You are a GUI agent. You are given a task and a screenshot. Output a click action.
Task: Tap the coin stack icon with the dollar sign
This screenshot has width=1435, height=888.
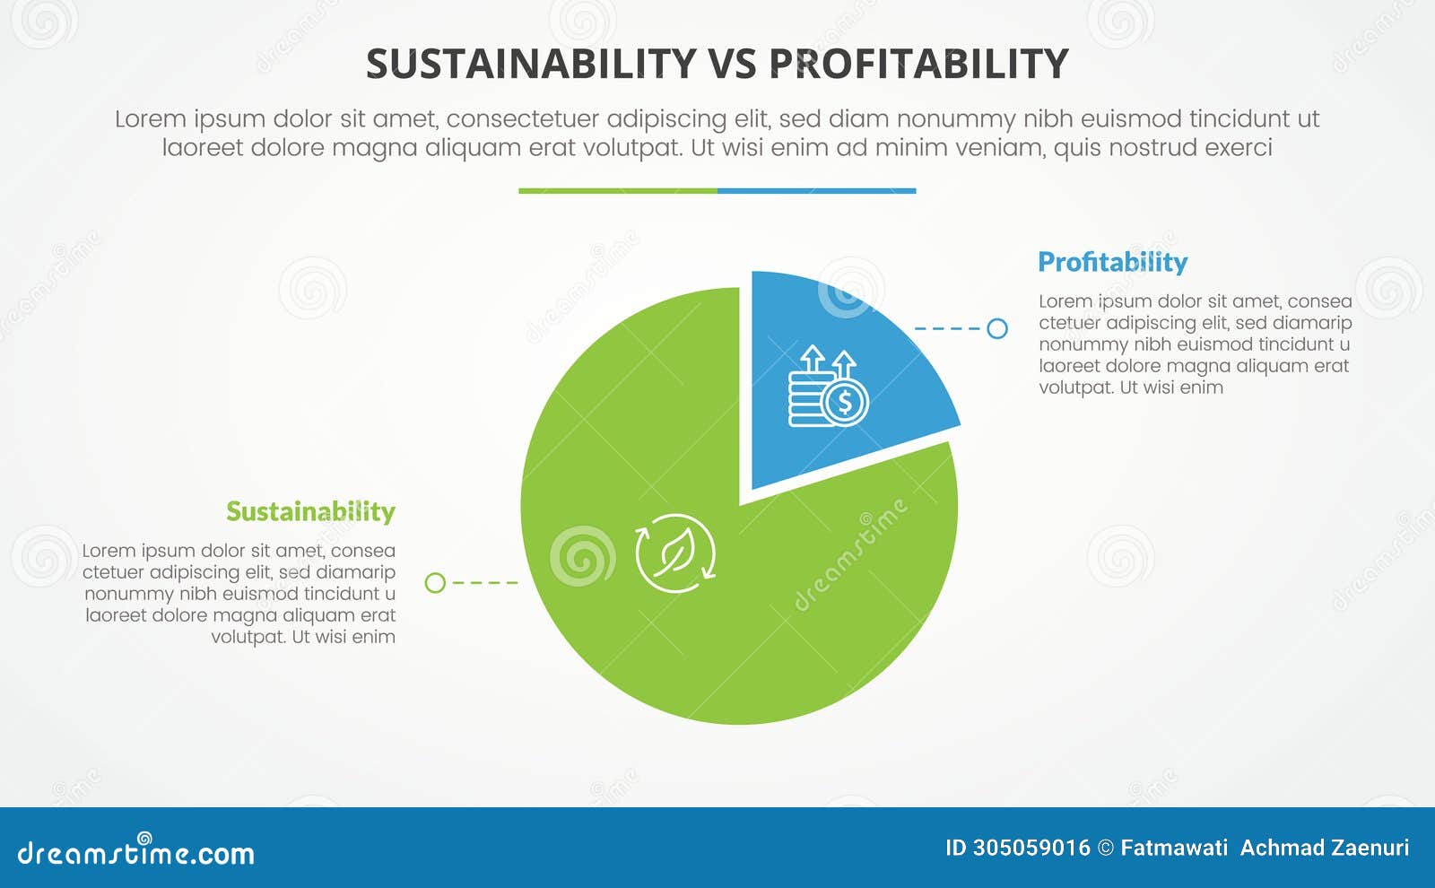(x=827, y=387)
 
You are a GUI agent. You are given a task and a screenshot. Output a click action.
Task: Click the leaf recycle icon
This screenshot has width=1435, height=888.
(x=675, y=553)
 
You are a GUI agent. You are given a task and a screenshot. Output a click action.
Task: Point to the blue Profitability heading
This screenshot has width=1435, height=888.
(x=1112, y=262)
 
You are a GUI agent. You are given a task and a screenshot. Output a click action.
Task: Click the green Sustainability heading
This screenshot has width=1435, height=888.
(x=310, y=511)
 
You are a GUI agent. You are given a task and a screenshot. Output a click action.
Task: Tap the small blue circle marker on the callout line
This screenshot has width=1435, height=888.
(x=996, y=328)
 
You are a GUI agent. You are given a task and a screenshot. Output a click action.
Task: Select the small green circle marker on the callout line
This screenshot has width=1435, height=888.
(x=435, y=583)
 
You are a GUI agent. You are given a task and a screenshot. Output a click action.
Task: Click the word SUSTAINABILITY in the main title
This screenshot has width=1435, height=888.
(x=531, y=65)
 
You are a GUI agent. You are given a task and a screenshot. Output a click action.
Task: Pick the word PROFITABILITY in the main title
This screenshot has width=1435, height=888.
(x=918, y=65)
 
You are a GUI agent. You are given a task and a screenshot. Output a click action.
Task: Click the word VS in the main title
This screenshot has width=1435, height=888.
(x=733, y=65)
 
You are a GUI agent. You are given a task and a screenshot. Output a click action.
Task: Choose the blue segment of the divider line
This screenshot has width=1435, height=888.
(x=816, y=191)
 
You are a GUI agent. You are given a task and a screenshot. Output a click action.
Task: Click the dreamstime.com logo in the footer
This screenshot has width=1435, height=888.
(x=135, y=852)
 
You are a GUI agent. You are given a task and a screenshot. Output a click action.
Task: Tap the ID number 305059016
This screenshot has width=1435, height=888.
(x=1031, y=848)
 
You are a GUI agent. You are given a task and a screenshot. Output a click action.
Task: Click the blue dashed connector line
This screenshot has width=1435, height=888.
(x=949, y=328)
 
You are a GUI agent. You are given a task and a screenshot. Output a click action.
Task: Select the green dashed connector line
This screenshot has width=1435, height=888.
(x=484, y=583)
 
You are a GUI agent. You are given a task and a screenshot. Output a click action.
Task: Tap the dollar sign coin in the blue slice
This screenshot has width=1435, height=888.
(x=845, y=403)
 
